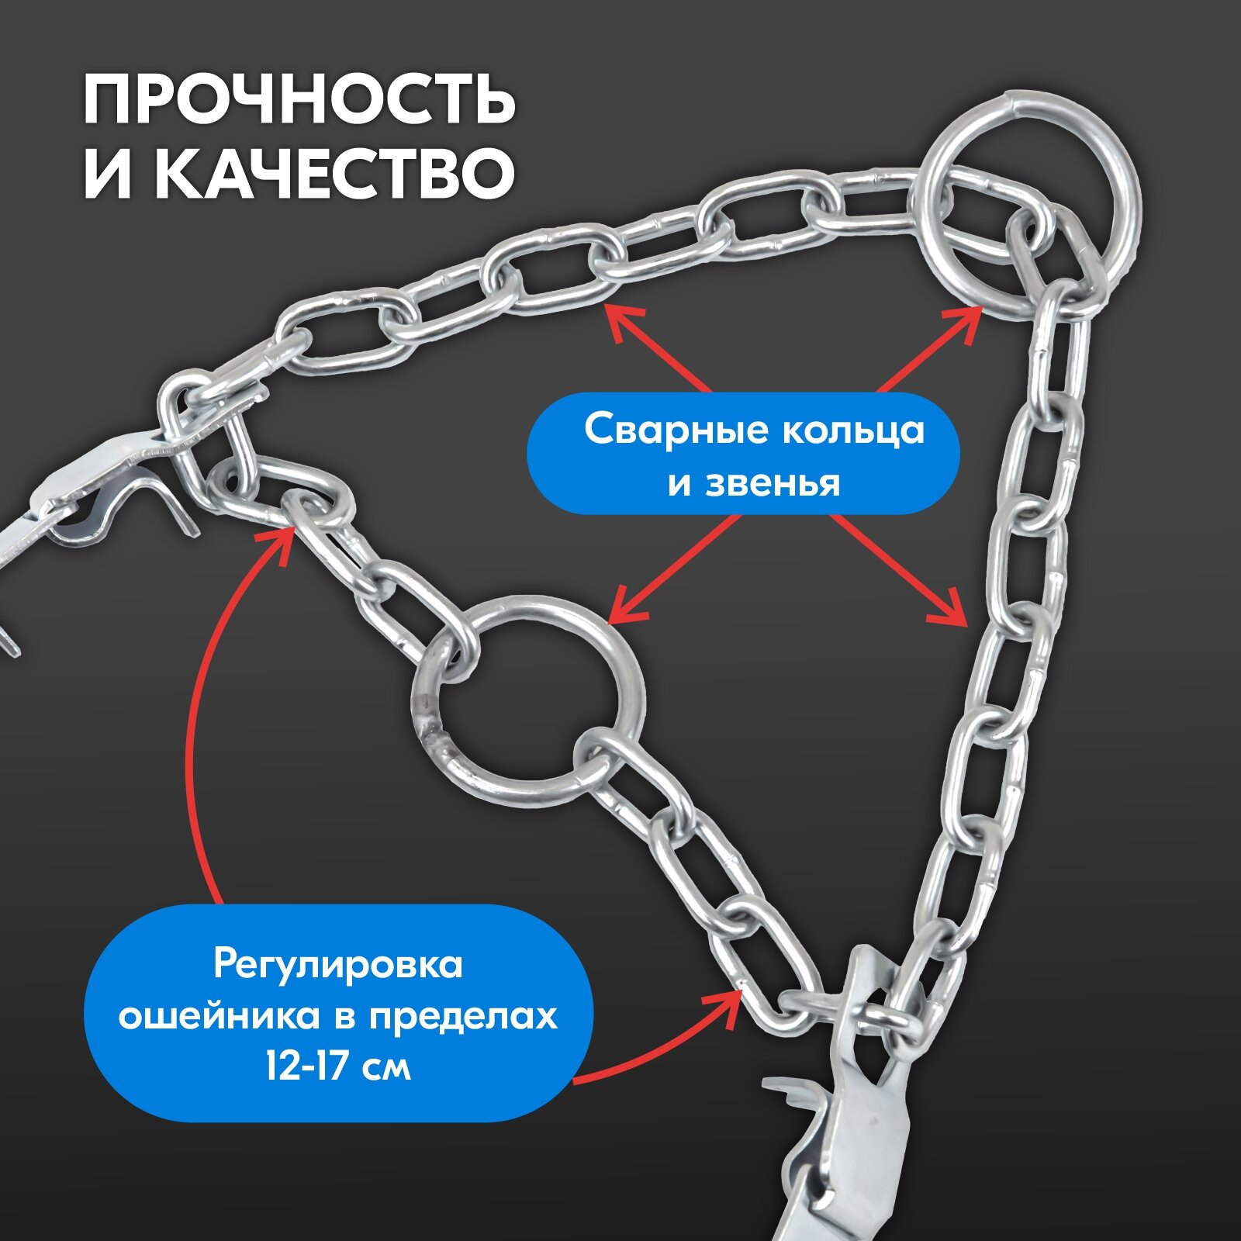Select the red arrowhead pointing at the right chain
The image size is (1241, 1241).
954,613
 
